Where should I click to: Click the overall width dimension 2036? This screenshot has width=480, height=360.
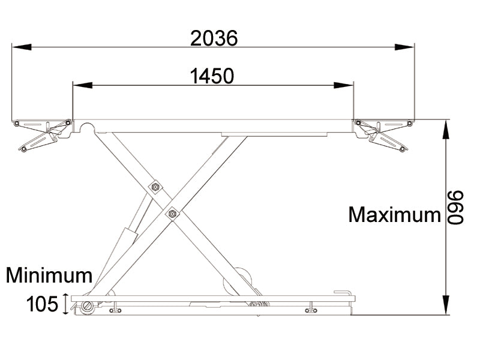coord(214,38)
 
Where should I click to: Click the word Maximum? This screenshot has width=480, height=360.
coord(394,214)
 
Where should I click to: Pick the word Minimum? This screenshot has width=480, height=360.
coord(49,275)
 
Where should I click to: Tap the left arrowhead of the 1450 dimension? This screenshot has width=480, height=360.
coord(79,85)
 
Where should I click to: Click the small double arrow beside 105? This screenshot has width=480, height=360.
coord(65,304)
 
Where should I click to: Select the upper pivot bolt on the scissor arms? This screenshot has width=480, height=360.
coord(156,187)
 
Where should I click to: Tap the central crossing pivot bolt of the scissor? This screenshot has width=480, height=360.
coord(173,212)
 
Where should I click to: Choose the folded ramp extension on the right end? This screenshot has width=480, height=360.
coord(382,134)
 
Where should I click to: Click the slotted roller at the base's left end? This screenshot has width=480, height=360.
coord(89,307)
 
